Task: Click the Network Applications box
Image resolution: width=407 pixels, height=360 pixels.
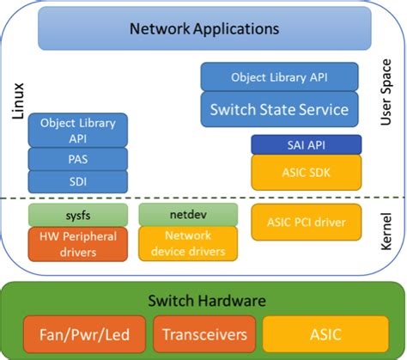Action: (x=203, y=29)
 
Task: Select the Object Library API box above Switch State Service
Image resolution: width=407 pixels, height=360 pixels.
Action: (x=279, y=77)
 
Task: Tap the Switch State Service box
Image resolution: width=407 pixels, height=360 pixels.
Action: (x=279, y=109)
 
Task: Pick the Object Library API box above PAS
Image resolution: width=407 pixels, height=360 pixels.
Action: (x=77, y=130)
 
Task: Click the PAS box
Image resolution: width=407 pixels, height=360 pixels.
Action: (x=77, y=159)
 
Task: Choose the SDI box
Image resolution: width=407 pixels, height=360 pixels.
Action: (x=77, y=181)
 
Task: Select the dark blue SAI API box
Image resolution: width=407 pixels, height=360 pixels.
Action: (x=301, y=144)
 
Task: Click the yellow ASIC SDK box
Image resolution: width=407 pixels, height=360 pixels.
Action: (x=301, y=172)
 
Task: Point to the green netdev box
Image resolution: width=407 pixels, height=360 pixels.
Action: (x=188, y=214)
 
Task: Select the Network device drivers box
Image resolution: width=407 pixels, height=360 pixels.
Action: (x=188, y=243)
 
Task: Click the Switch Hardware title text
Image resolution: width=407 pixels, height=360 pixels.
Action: (x=203, y=301)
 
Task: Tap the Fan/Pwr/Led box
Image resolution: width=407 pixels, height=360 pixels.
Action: (x=82, y=333)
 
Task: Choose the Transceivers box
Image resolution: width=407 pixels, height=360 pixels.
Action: (x=203, y=333)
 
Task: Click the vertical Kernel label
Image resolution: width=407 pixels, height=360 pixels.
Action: (x=386, y=233)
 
